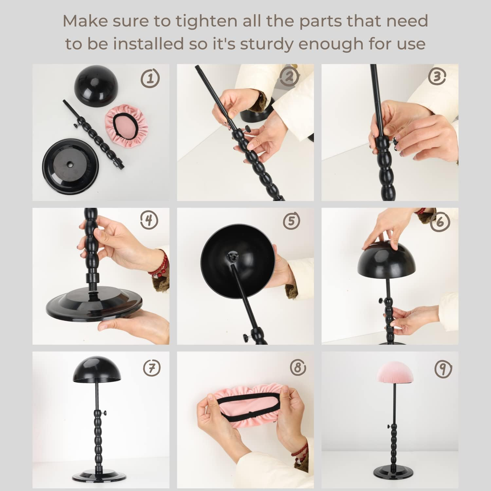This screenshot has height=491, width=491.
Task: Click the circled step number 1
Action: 150,78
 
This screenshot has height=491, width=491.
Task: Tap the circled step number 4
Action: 149,220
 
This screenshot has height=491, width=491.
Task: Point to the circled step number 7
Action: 152,368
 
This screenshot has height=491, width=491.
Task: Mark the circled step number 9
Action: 443,369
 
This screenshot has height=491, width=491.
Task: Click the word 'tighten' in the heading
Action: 206,21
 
